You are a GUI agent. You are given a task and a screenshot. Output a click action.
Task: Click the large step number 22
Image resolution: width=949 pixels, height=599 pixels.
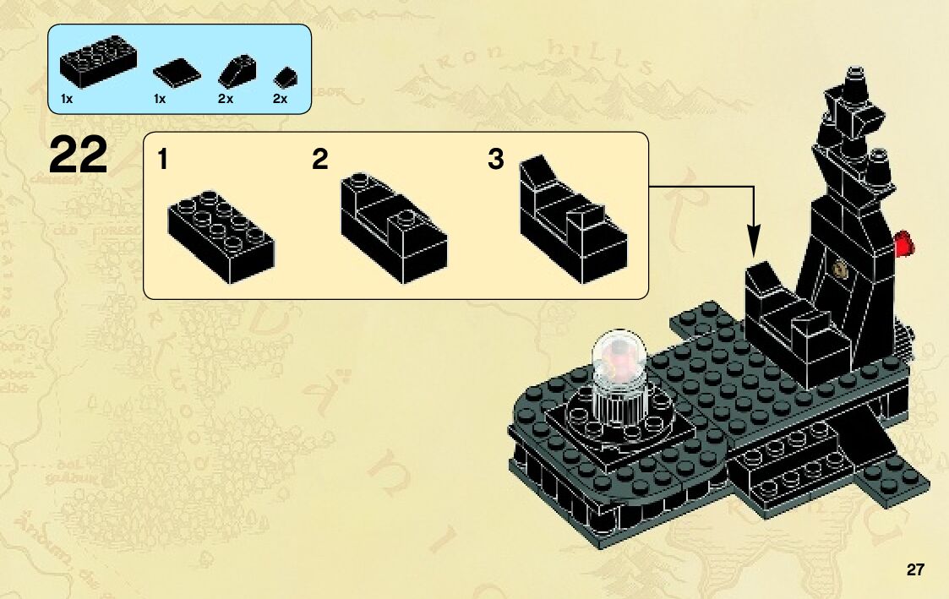pyautogui.click(x=79, y=155)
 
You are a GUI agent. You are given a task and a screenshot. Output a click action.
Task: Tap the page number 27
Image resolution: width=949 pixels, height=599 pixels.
pyautogui.click(x=915, y=569)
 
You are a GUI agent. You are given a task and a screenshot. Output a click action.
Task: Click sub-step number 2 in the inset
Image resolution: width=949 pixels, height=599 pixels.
pyautogui.click(x=319, y=159)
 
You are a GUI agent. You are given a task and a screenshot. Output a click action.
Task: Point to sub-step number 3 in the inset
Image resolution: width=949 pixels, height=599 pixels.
pyautogui.click(x=495, y=159)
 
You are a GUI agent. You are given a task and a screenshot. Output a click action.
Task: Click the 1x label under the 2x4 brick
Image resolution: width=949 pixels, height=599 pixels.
pyautogui.click(x=67, y=100)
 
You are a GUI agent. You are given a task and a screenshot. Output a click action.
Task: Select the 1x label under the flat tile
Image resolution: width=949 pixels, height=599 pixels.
pyautogui.click(x=160, y=100)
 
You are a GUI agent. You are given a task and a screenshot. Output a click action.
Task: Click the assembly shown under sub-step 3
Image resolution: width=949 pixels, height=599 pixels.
pyautogui.click(x=572, y=221)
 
